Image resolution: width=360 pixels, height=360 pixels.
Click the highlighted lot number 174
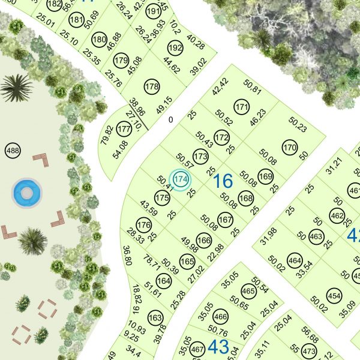[x=181, y=179]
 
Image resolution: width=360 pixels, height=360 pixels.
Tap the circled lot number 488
[x=12, y=150]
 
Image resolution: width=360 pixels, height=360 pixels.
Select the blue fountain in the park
[x=26, y=193]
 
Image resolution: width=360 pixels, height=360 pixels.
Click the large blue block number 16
[x=223, y=181]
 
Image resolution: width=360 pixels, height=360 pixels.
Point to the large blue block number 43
[x=218, y=346]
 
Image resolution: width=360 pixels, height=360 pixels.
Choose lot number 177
[x=124, y=129]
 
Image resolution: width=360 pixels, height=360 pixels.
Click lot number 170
[x=290, y=148]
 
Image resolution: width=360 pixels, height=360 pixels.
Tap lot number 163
[x=155, y=317]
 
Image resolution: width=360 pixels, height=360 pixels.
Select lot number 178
[x=152, y=87]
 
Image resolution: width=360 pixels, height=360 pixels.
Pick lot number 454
[x=335, y=295]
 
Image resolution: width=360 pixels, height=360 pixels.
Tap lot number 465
[x=248, y=292]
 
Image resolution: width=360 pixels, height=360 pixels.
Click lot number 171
[x=242, y=108]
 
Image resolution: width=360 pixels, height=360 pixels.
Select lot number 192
[x=175, y=48]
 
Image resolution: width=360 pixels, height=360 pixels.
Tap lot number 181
[x=76, y=20]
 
